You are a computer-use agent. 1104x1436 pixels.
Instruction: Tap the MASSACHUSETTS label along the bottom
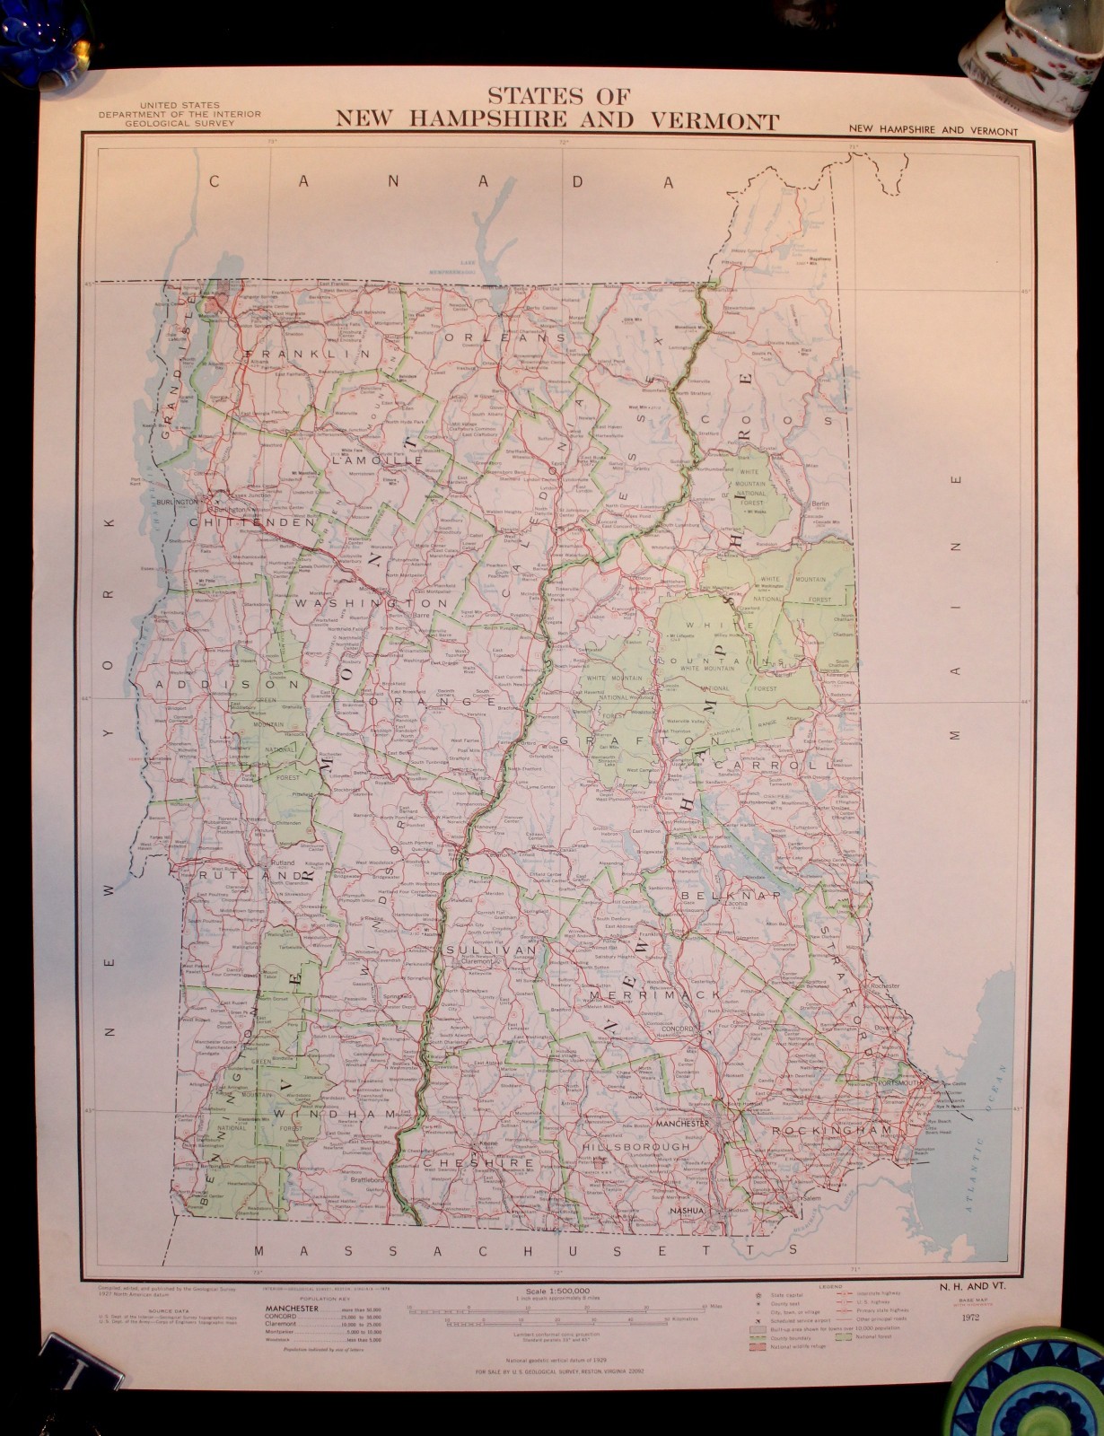(526, 1249)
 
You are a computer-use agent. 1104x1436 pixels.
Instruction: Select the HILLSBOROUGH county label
(636, 1146)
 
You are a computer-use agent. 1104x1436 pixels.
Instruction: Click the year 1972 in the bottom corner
(968, 1318)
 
